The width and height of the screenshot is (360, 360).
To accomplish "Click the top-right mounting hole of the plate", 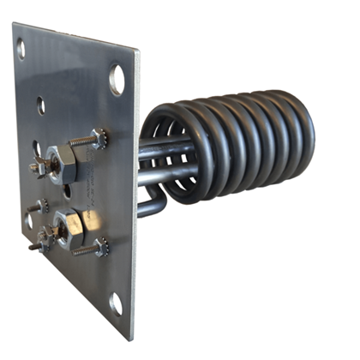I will point(117,80).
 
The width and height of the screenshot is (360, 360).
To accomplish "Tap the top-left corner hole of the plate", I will point(21,49).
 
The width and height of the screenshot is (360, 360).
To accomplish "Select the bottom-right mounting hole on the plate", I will point(116,303).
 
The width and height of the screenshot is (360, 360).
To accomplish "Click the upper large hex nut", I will point(62,158).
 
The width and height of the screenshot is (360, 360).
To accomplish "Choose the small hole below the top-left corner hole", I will point(40,106).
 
